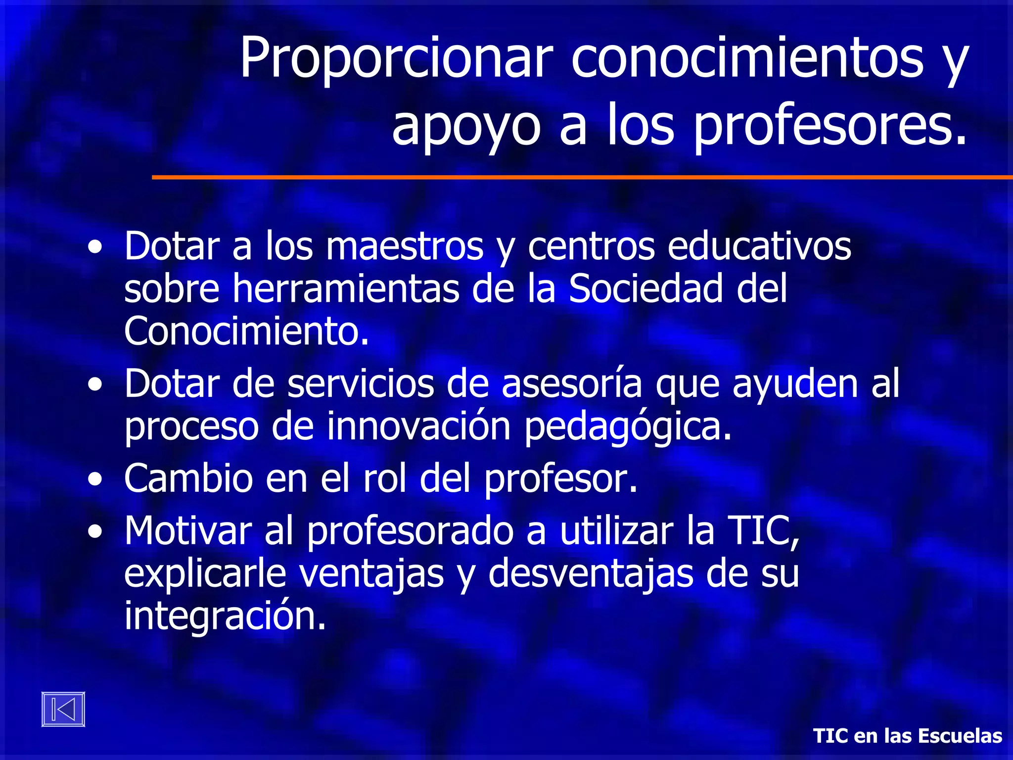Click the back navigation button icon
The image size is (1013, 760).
[63, 709]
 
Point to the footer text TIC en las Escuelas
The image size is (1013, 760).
[908, 736]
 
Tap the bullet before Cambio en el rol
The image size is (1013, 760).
[95, 479]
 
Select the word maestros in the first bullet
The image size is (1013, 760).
[405, 246]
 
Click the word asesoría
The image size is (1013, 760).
[572, 383]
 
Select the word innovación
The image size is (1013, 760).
[418, 427]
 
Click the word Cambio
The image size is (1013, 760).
[188, 478]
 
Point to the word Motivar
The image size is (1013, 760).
[188, 531]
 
